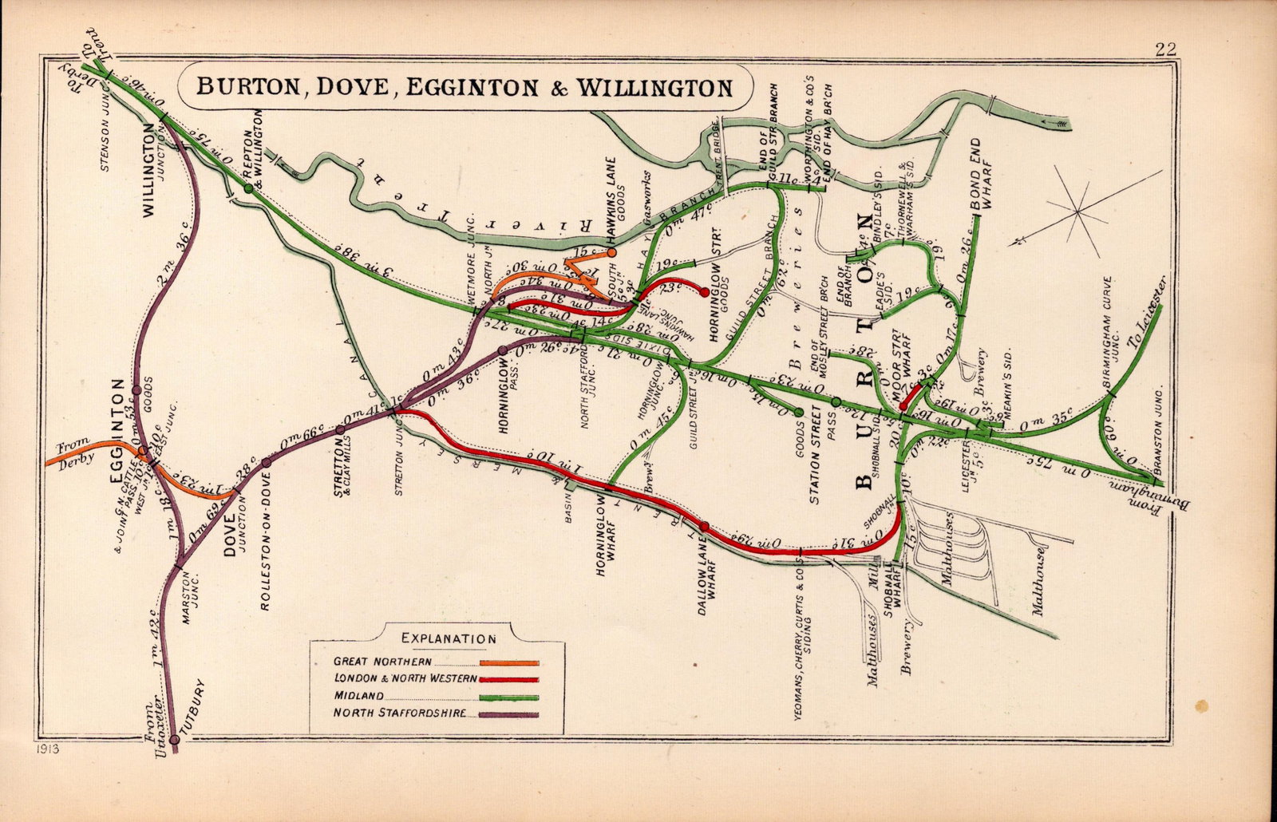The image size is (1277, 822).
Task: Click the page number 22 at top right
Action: tap(1165, 49)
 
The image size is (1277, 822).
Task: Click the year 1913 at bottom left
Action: tap(49, 749)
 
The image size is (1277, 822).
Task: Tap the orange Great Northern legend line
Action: tap(509, 662)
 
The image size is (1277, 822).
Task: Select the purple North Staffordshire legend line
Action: tap(509, 713)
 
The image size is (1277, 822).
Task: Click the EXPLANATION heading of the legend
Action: tap(449, 638)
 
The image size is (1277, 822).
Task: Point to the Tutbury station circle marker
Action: tap(174, 740)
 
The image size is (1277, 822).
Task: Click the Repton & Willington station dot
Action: tap(248, 188)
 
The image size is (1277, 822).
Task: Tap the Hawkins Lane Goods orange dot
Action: tap(611, 252)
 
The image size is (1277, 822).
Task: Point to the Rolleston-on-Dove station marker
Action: tap(267, 462)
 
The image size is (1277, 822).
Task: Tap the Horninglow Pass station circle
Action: tap(502, 350)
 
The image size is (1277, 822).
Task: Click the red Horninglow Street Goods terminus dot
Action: tap(703, 292)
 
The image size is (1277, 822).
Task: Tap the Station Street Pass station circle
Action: tap(836, 401)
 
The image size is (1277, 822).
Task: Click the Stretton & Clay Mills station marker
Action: tap(341, 429)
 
